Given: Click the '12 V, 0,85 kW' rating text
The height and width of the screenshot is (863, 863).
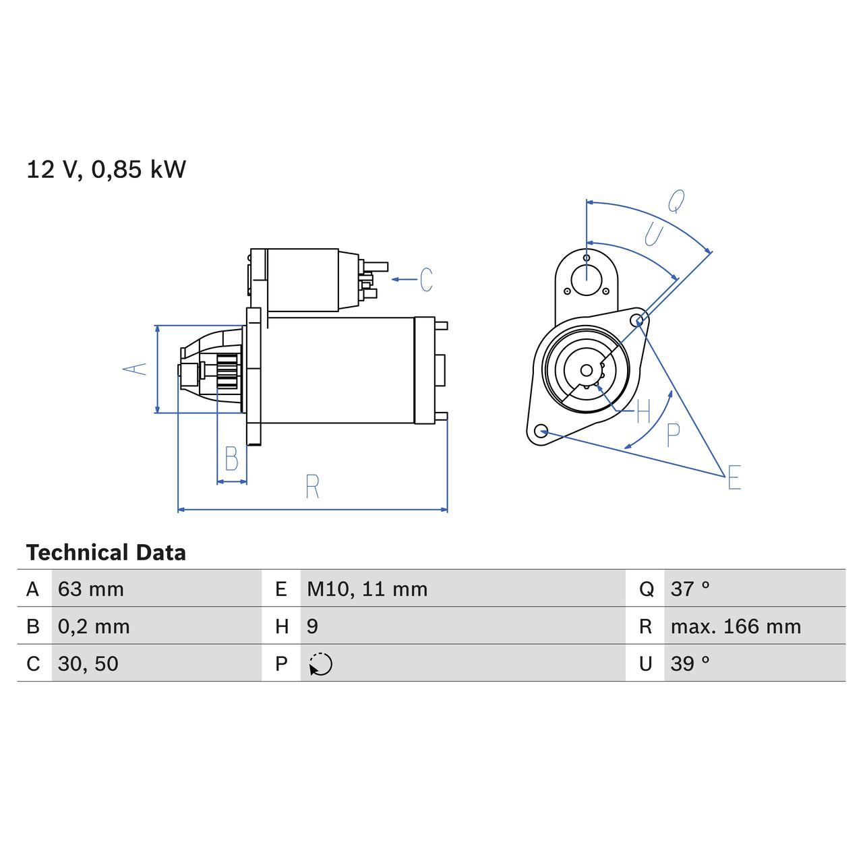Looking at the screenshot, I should (106, 169).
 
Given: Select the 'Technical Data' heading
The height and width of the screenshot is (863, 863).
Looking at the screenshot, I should (106, 553).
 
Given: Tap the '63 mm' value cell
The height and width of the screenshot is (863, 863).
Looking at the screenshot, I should (91, 589).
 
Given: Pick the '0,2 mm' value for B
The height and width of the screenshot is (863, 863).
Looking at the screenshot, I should (94, 626).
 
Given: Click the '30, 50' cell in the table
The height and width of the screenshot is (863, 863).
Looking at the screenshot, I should (88, 663).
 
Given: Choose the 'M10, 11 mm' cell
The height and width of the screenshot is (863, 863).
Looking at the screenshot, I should (367, 589).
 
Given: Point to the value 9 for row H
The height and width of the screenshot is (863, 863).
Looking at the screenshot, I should (312, 626).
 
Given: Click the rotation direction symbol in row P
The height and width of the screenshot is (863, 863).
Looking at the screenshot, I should (321, 664).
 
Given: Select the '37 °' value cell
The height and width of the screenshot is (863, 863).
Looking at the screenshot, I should (690, 589).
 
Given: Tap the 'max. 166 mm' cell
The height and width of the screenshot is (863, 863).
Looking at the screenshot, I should (736, 626).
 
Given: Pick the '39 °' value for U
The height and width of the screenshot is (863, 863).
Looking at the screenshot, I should (690, 663).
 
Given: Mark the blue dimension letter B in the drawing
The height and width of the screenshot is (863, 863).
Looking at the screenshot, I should (231, 459).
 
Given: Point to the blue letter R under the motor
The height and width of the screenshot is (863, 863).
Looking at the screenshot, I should (312, 487).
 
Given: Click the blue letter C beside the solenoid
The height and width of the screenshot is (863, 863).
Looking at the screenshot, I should (426, 279).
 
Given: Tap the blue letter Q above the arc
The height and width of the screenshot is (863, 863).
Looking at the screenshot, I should (676, 201).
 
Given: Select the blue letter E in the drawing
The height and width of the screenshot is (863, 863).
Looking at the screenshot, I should (734, 477).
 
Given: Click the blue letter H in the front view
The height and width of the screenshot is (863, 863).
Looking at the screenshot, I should (643, 411).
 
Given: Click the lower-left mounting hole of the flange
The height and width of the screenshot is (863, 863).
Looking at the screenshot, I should (540, 431).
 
